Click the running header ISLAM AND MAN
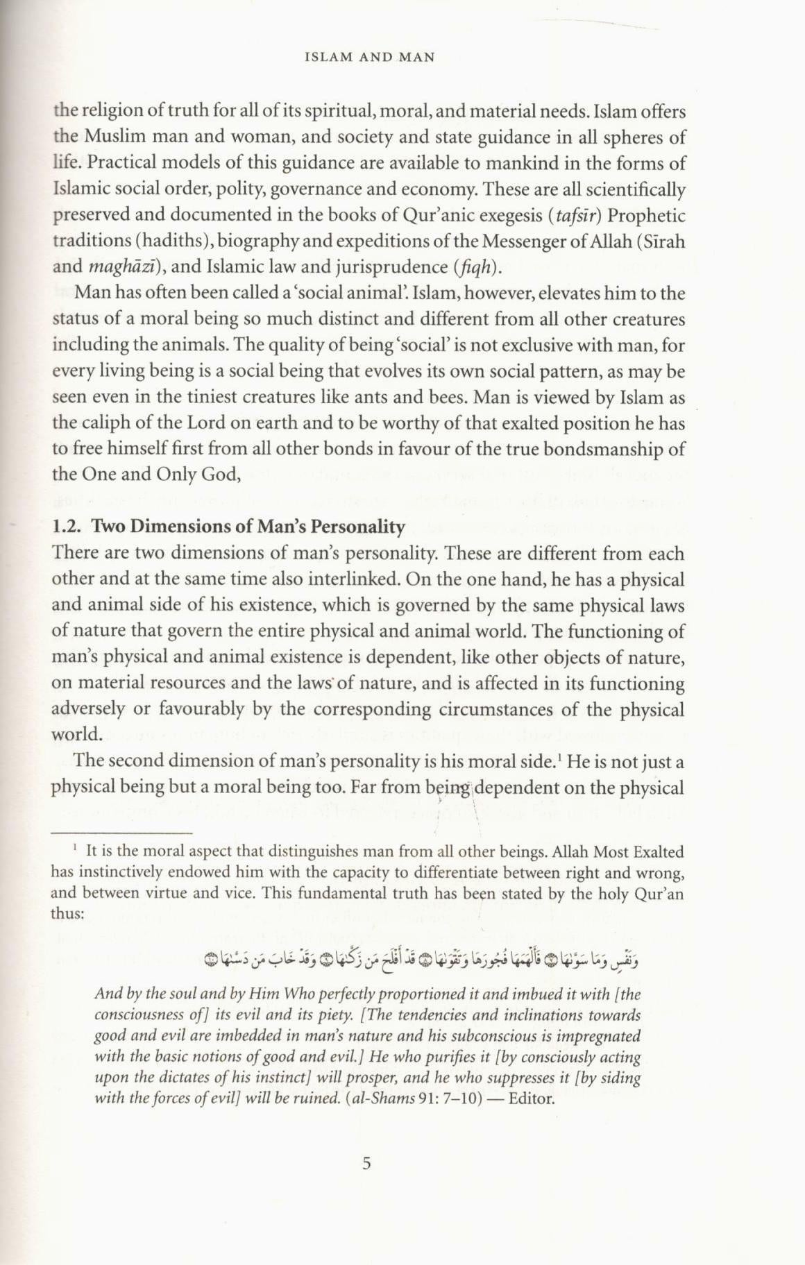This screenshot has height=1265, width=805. (370, 58)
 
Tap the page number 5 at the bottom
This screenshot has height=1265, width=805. (367, 1164)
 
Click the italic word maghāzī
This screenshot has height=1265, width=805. (115, 267)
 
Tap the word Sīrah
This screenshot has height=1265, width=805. (663, 241)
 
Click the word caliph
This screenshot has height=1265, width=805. (106, 423)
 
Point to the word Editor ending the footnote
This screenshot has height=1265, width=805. (532, 1099)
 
